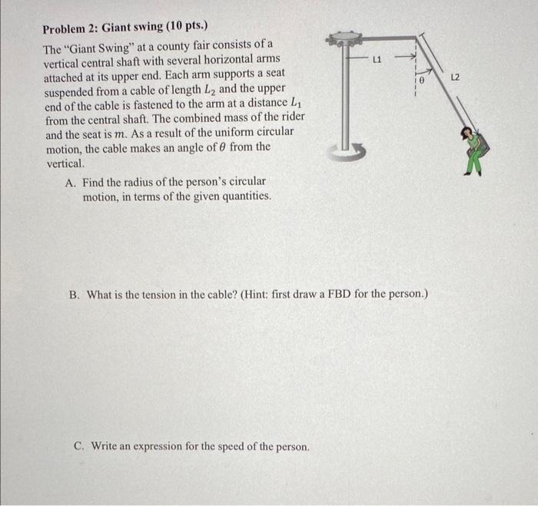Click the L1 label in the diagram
[x=377, y=58]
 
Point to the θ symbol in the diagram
[x=422, y=80]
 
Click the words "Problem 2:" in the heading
[x=68, y=28]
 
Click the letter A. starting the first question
[x=71, y=183]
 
